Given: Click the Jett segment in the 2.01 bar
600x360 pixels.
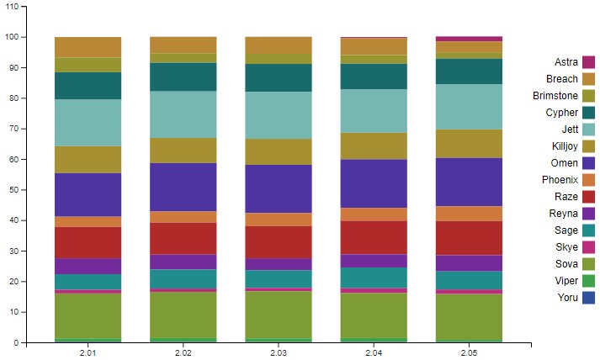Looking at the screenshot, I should [88, 123].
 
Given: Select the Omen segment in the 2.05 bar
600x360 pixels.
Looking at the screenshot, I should [469, 182].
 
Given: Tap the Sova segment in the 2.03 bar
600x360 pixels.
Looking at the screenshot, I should [279, 315].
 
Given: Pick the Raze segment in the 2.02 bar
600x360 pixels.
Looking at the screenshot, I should [183, 238].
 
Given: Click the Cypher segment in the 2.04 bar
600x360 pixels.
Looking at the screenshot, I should [374, 77].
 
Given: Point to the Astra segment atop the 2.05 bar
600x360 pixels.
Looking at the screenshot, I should [469, 39].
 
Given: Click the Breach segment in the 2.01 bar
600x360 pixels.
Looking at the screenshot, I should [88, 47].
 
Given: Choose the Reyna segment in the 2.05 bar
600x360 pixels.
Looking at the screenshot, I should [469, 262].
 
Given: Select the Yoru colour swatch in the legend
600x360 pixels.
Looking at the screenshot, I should [589, 298].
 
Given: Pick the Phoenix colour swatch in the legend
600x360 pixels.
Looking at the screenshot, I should [589, 180].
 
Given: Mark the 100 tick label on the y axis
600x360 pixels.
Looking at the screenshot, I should [12, 37].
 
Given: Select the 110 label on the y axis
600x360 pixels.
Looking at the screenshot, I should [12, 7].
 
